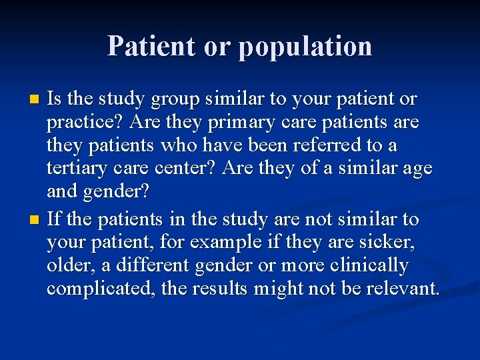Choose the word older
click(x=69, y=265)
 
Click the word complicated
click(x=97, y=289)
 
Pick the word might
click(x=279, y=289)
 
